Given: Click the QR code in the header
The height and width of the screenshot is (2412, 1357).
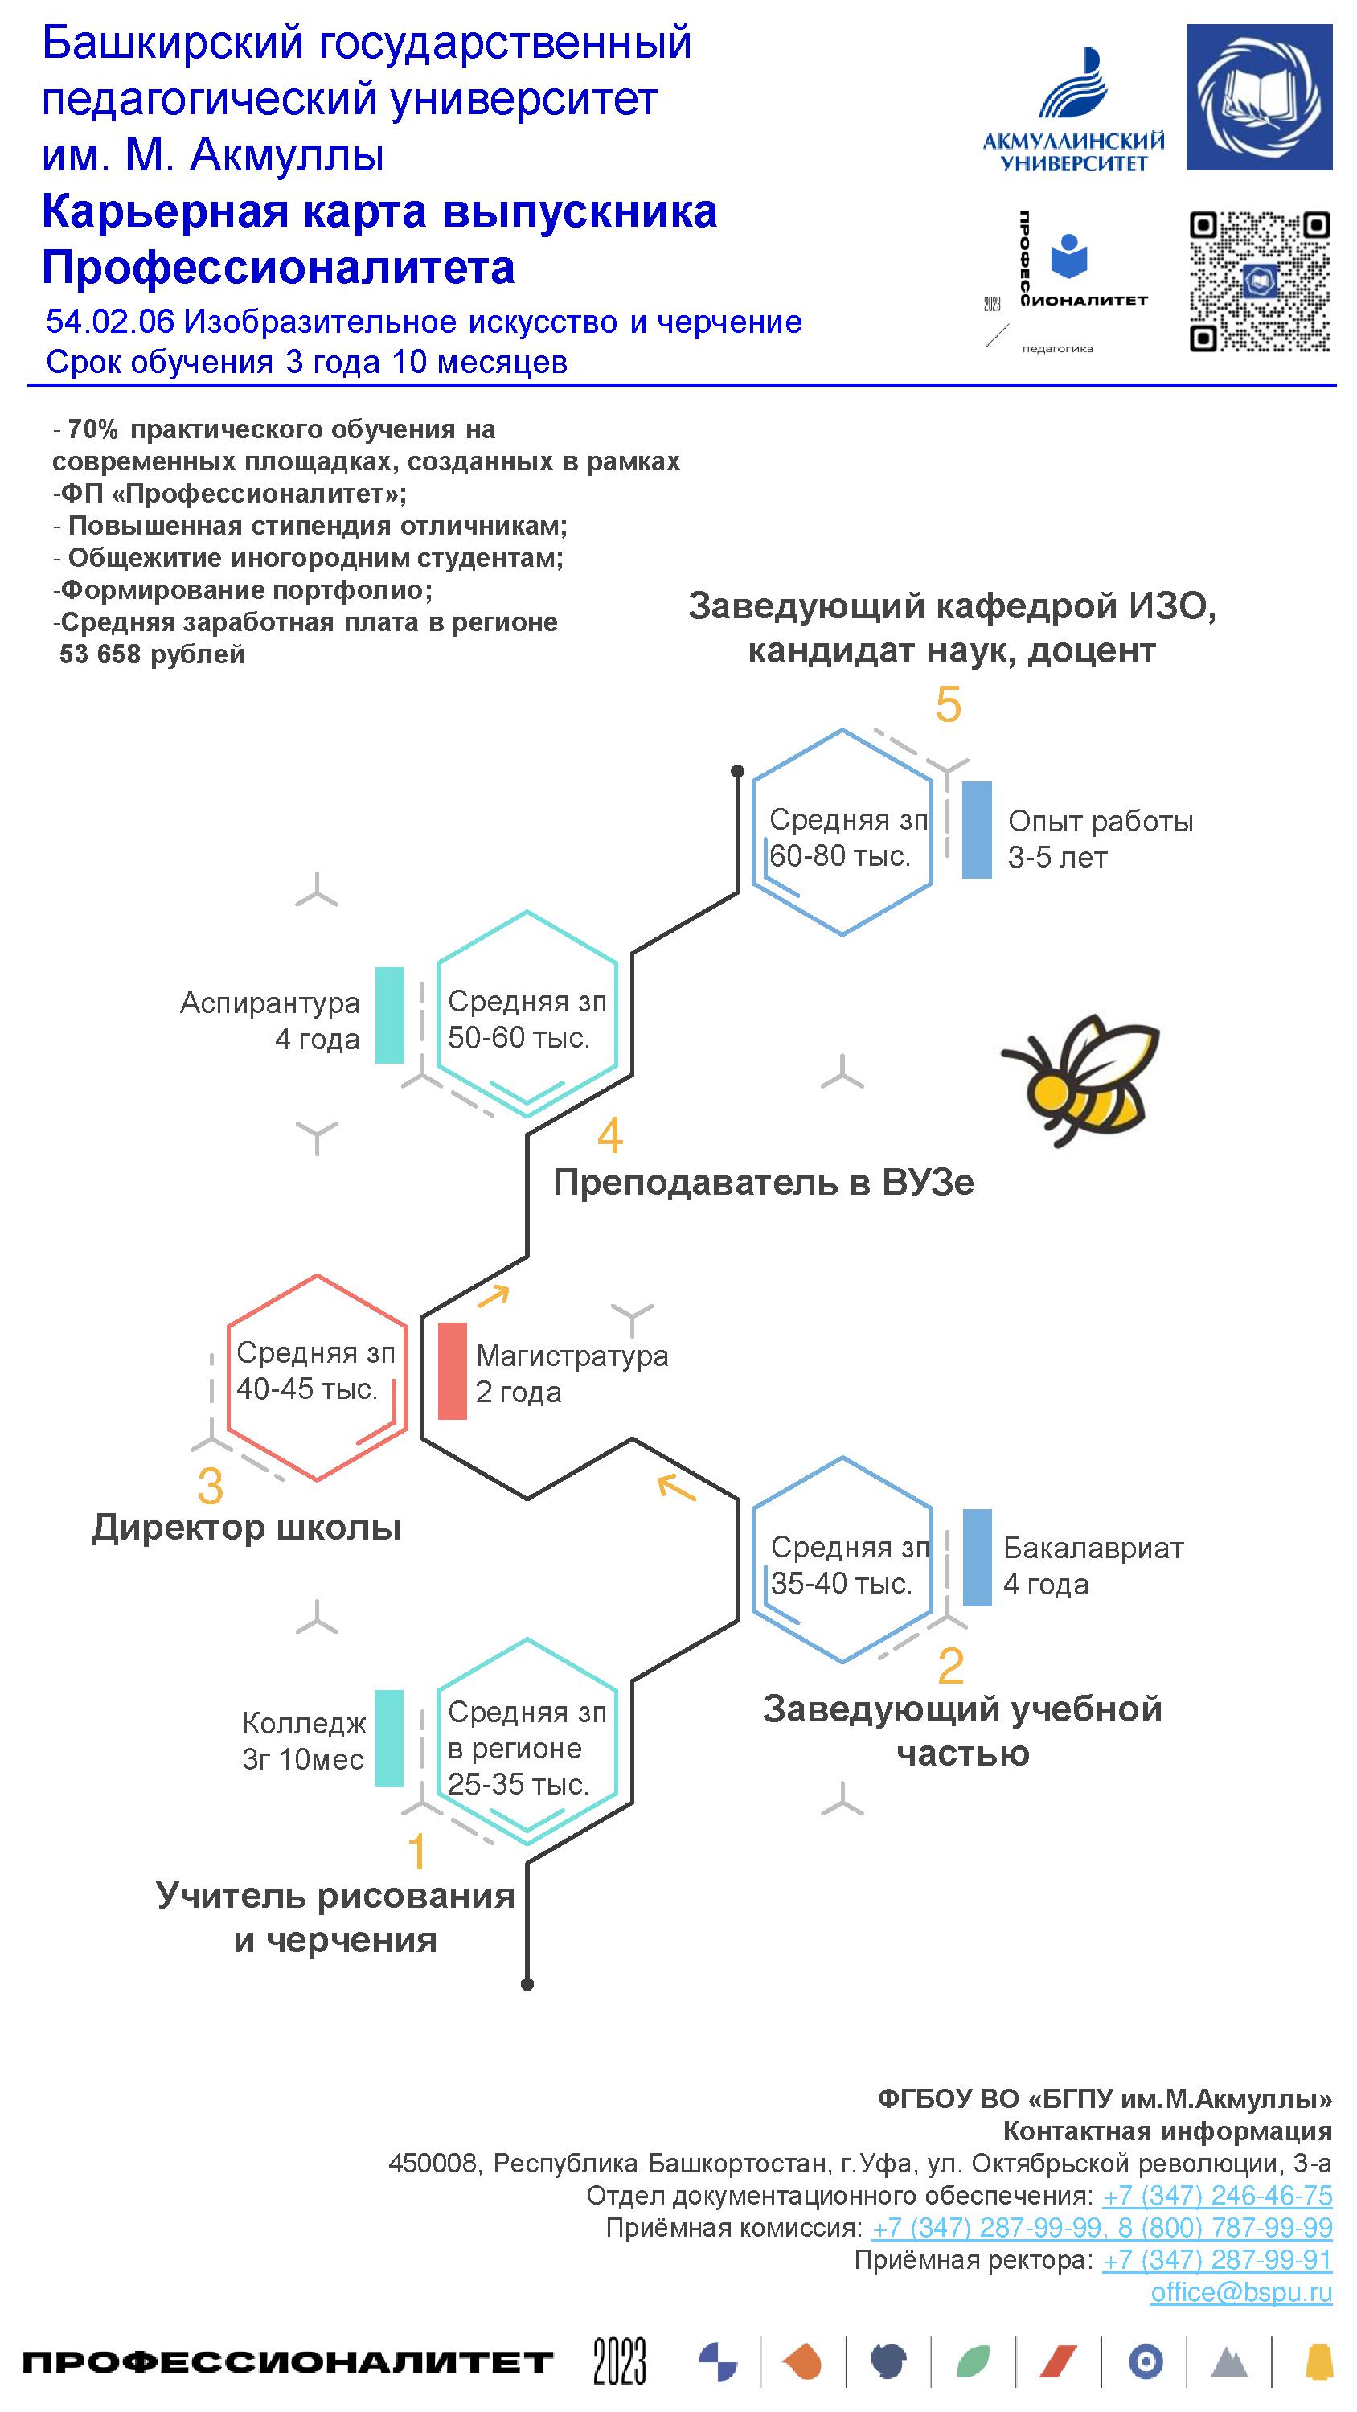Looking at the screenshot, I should (x=1259, y=281).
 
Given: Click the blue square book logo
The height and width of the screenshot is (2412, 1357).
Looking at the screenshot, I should (x=1259, y=97).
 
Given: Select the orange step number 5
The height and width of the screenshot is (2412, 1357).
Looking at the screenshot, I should (x=948, y=704).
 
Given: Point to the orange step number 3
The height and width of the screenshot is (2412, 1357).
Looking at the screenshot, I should (x=211, y=1485).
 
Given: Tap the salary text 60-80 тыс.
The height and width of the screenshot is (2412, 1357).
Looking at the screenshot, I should (x=839, y=855).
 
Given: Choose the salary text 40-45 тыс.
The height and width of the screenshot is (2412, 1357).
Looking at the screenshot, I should (x=306, y=1389).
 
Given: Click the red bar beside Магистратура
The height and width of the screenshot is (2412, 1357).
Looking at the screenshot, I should (x=453, y=1371).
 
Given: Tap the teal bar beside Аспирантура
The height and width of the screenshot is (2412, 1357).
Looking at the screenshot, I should (x=390, y=1015).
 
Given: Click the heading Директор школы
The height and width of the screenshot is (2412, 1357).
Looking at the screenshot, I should (x=246, y=1527).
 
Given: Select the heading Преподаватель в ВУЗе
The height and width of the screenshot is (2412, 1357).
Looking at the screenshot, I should (x=763, y=1183).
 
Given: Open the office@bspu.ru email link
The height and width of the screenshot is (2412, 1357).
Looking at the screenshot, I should (x=1241, y=2292).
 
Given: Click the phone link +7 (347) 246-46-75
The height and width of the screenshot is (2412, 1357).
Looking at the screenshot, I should (x=1216, y=2195).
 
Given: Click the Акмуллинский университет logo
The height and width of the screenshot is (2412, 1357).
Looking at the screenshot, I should (x=1073, y=113).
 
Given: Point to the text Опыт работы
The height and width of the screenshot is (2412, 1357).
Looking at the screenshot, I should (x=1101, y=821).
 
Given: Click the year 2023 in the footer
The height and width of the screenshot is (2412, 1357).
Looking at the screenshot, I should (x=619, y=2361).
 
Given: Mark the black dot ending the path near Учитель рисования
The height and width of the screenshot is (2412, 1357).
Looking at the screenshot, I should (x=527, y=1984).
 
